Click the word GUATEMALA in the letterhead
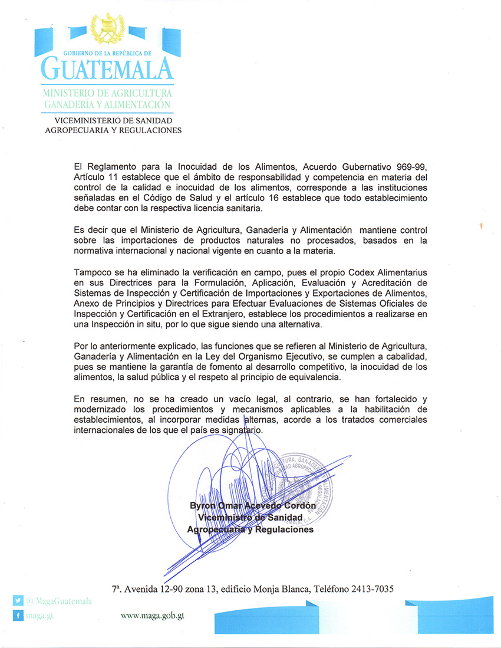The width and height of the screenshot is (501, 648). click(x=107, y=69)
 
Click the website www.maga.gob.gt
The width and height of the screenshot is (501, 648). click(x=153, y=615)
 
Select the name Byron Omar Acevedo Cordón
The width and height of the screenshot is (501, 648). click(x=253, y=506)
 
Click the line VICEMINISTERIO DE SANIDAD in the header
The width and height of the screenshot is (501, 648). click(x=113, y=120)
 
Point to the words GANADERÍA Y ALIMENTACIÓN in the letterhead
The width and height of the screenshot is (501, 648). click(x=107, y=104)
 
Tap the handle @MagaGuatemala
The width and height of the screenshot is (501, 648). click(x=59, y=601)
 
